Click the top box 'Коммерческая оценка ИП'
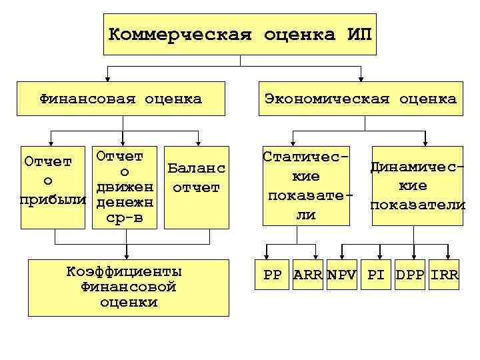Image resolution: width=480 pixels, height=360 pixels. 240,34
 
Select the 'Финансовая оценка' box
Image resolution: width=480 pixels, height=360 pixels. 121,99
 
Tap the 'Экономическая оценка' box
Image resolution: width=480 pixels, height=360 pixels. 360,99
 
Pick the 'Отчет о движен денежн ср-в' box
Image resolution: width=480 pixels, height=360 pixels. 125,187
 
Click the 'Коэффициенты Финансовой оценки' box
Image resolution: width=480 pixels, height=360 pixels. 125,287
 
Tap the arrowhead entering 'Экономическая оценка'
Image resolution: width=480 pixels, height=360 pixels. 361,78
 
